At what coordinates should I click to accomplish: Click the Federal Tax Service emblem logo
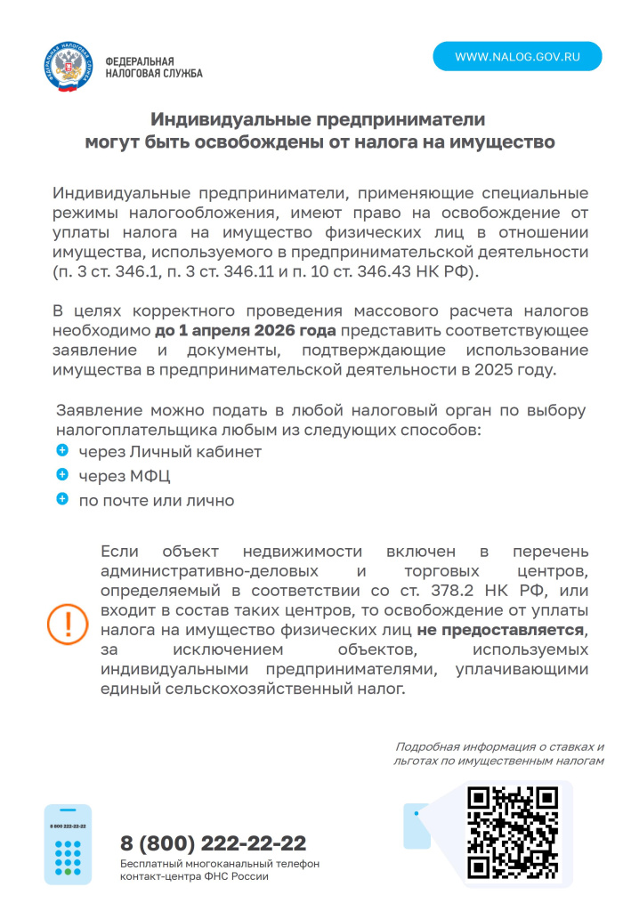tap(67, 67)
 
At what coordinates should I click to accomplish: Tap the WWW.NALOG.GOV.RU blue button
tap(517, 56)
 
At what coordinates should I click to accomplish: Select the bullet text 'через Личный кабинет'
tap(170, 452)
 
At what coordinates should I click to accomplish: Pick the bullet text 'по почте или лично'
tap(157, 501)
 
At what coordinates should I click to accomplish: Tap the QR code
tap(513, 833)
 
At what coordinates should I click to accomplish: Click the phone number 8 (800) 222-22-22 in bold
tap(214, 843)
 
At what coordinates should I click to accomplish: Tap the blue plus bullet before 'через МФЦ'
tap(62, 476)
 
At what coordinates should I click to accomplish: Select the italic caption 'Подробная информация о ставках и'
tap(499, 747)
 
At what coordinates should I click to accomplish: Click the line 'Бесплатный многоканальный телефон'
tap(220, 864)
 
